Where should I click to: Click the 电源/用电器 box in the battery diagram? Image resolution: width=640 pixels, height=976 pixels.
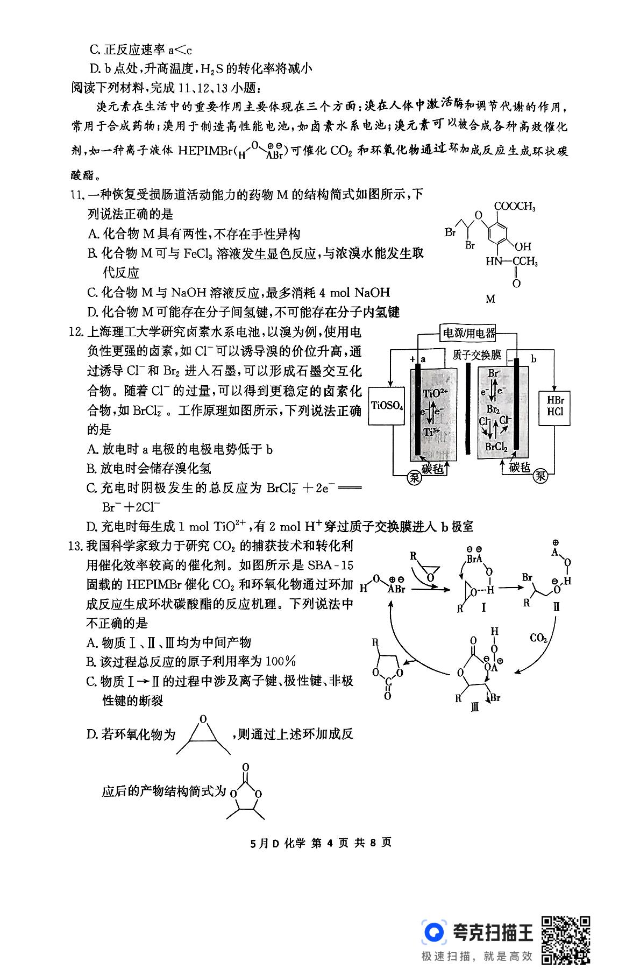[468, 333]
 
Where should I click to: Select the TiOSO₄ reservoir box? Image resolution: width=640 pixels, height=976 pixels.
[387, 406]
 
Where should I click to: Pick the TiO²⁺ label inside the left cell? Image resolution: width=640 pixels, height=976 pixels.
[435, 394]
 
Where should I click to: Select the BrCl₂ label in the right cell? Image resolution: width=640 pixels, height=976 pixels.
[496, 447]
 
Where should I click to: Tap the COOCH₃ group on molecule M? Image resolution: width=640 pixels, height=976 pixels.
[514, 207]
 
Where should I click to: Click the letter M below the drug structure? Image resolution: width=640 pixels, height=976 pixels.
[490, 299]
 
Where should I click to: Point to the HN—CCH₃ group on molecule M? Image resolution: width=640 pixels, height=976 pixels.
[511, 262]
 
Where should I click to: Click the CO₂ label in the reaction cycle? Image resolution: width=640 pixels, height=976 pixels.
[538, 638]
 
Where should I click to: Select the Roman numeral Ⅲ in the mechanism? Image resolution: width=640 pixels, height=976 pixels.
[474, 708]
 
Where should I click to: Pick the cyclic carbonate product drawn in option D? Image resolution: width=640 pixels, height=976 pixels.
[245, 791]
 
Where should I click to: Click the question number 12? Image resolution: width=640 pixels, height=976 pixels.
[78, 332]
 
